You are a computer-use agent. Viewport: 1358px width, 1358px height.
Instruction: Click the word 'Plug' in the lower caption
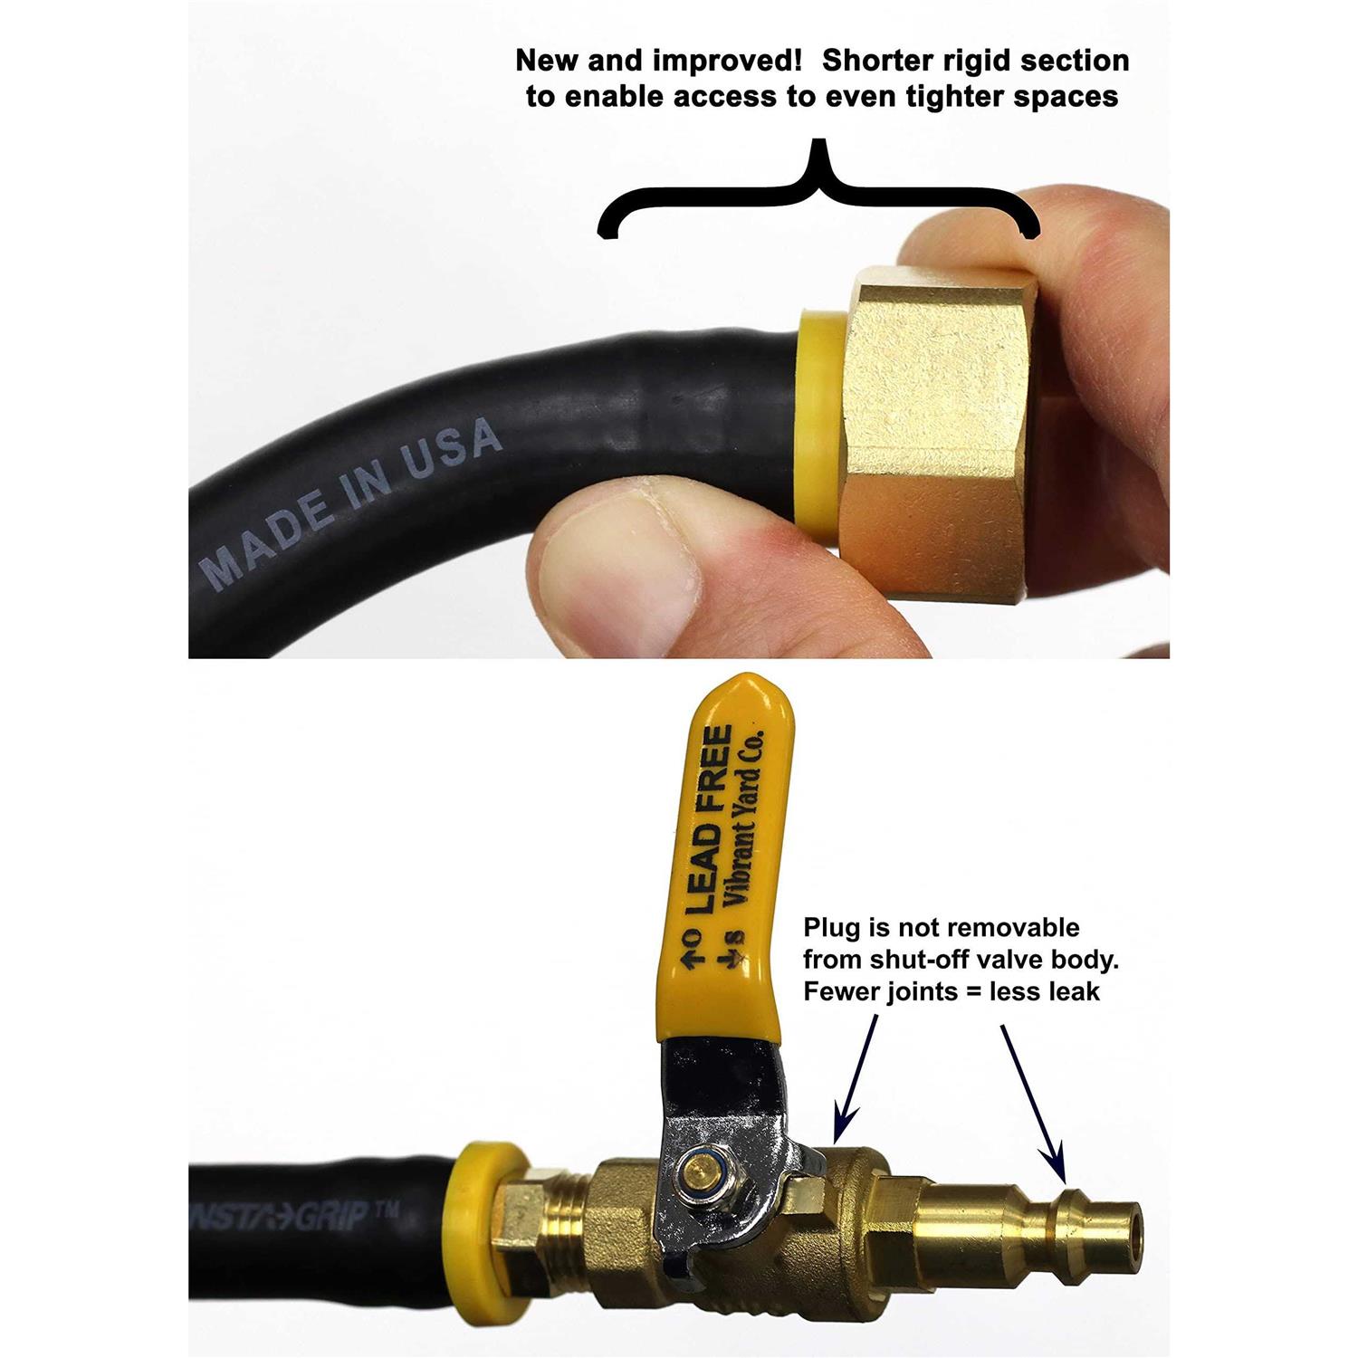tap(833, 928)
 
